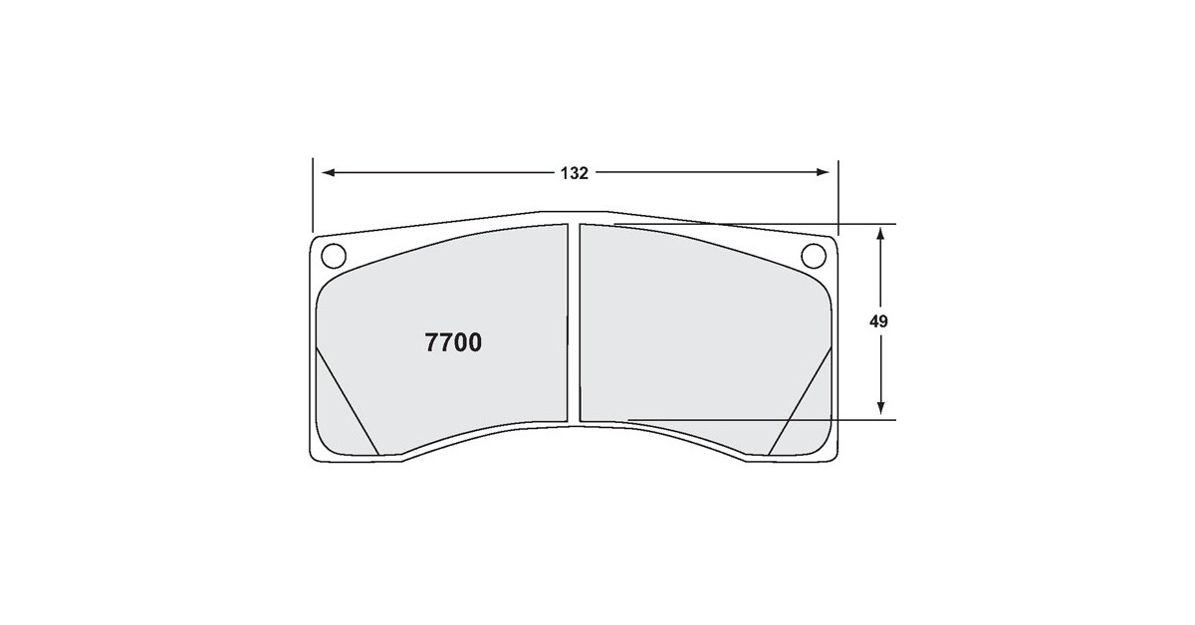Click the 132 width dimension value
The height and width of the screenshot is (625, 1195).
coord(574,173)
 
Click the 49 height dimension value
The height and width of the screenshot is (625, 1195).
coord(878,321)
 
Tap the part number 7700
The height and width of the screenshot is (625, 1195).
coord(453,342)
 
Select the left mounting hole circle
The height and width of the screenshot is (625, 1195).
coord(334,256)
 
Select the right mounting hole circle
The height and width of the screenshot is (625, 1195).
coord(814,256)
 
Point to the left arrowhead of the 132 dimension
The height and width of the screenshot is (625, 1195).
coord(328,173)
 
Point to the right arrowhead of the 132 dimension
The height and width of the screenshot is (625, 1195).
coord(823,172)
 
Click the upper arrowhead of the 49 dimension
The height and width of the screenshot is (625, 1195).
coord(880,234)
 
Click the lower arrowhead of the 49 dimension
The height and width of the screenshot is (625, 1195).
coord(880,408)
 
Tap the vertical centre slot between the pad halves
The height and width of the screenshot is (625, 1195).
coord(574,323)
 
